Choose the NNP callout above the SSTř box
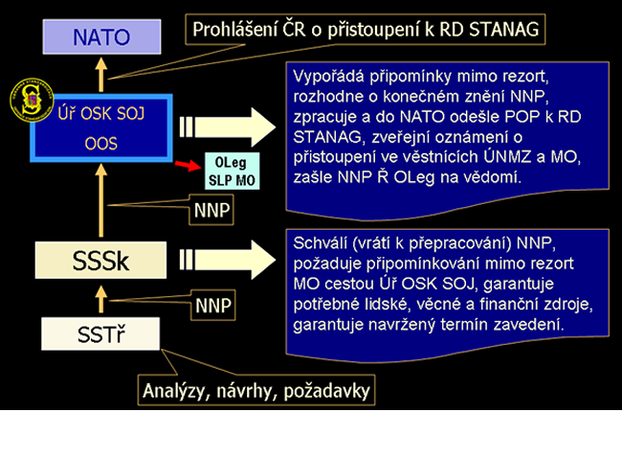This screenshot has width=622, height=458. tap(211, 306)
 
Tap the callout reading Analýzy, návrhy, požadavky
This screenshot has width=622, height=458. tap(256, 390)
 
